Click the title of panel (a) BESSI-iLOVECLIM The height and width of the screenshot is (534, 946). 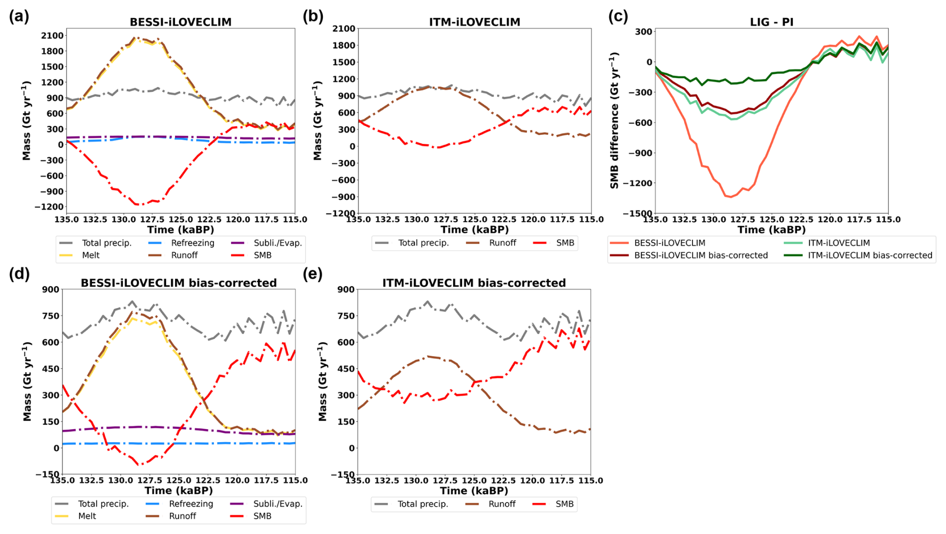180,22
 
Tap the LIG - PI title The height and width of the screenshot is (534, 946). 771,22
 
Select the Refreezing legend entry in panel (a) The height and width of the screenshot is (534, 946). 192,243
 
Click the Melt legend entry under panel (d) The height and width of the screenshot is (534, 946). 87,516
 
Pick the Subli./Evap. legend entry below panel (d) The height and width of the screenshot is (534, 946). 277,504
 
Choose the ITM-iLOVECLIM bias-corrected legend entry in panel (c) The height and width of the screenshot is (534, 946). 870,255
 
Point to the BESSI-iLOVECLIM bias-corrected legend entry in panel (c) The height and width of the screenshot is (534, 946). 700,255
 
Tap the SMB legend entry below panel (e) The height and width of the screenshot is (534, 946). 564,504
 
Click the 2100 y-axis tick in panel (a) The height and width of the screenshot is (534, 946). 52,35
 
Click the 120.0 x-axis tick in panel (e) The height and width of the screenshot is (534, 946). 532,481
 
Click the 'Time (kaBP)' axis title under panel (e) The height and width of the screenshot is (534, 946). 473,491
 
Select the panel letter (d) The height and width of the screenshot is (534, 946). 19,274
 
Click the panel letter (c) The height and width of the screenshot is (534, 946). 618,16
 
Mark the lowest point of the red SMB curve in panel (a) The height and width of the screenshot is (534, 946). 140,205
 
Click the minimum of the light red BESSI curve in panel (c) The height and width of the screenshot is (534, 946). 731,197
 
